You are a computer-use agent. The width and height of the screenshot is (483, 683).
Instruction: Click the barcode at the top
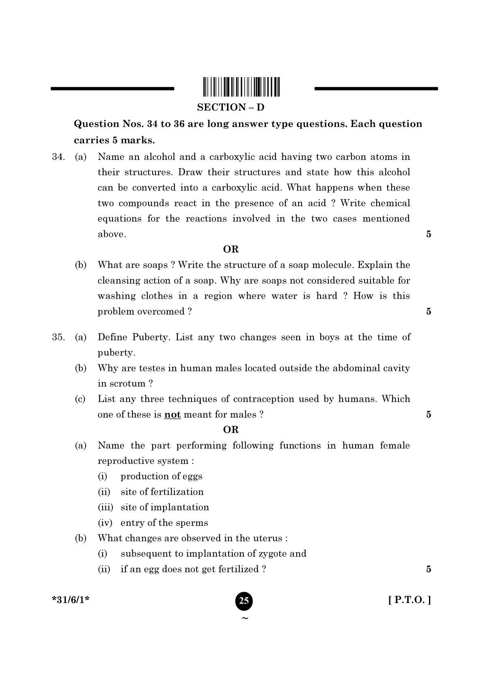[x=241, y=86]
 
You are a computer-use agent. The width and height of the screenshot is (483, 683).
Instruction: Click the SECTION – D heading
[x=231, y=108]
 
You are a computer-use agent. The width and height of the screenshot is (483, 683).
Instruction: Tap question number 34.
[x=58, y=157]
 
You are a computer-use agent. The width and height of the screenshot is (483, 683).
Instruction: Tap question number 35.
[x=58, y=337]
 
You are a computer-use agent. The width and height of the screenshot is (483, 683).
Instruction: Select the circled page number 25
[x=244, y=601]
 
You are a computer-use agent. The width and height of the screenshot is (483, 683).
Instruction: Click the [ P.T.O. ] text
[x=410, y=600]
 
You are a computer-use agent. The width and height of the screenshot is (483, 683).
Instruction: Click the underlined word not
[x=172, y=415]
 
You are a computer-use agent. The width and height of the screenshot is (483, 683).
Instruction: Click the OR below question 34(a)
[x=231, y=249]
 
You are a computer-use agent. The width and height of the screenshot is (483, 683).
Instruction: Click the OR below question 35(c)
[x=231, y=430]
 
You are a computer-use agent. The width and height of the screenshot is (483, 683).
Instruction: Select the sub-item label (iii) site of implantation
[x=105, y=507]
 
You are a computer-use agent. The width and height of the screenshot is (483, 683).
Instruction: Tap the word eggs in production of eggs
[x=192, y=477]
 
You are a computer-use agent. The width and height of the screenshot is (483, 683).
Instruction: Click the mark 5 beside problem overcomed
[x=429, y=312]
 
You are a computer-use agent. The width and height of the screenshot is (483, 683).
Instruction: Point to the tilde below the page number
[x=244, y=618]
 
